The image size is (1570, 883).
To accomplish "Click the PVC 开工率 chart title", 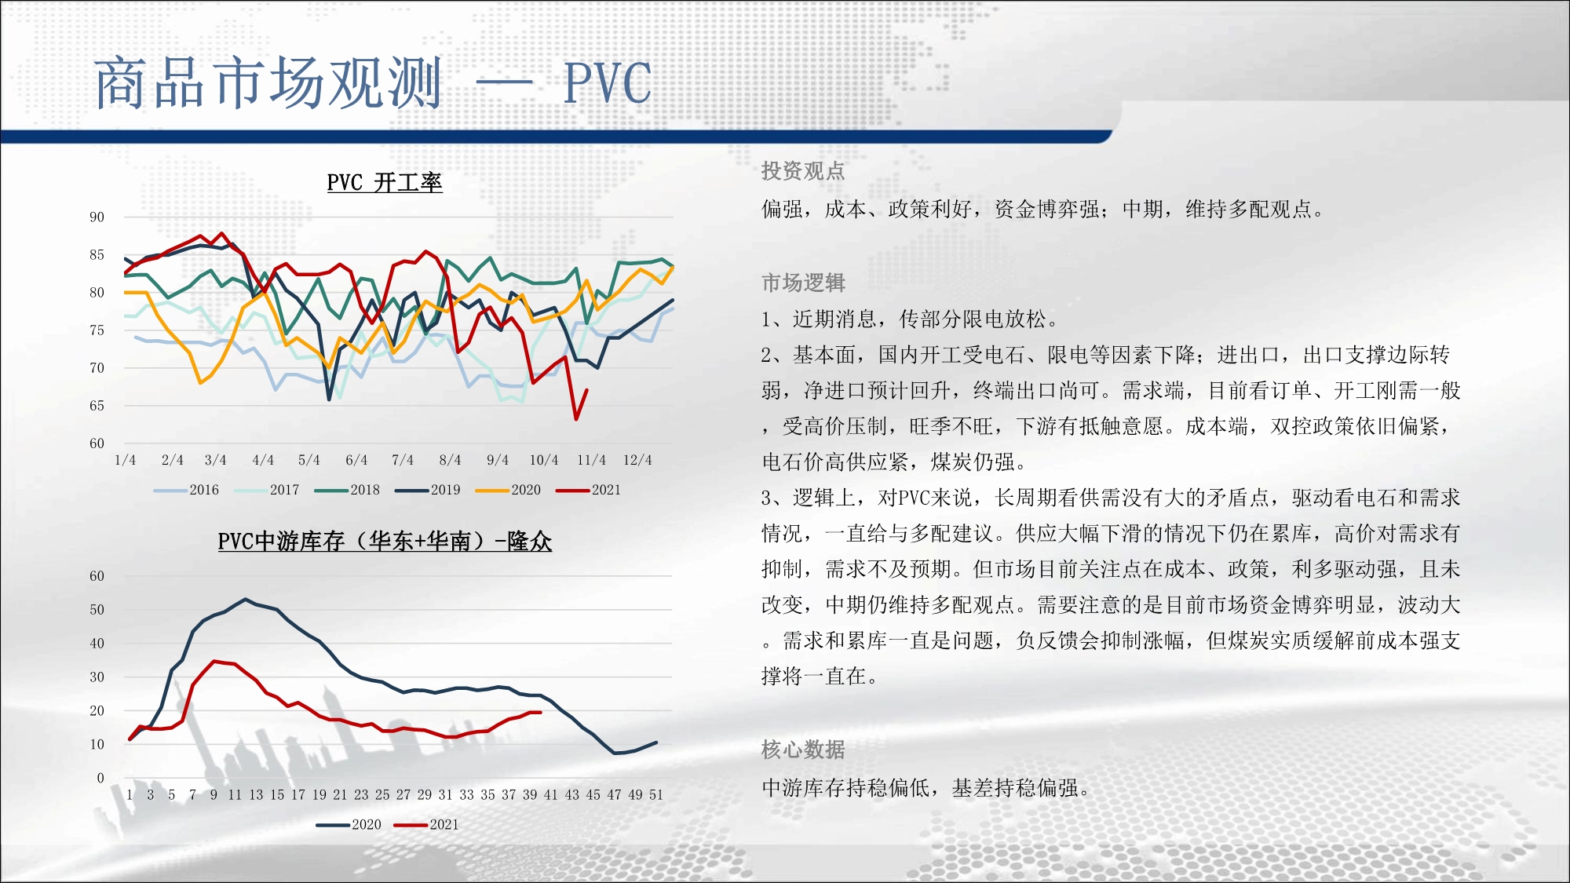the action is tap(385, 183).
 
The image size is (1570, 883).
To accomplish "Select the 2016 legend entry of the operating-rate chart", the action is tap(187, 490).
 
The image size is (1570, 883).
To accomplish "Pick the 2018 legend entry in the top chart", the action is tap(347, 490).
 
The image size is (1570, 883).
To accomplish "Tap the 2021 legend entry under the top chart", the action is tap(588, 490).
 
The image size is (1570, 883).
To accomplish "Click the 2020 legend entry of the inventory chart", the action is tap(349, 825).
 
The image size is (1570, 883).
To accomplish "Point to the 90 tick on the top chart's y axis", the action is tap(97, 217).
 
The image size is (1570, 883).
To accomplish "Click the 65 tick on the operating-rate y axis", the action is tap(97, 406).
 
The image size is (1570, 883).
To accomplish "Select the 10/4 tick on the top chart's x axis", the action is tap(544, 460).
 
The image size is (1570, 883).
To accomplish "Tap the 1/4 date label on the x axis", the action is tap(126, 460).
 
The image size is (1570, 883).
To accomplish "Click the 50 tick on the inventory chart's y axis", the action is tap(97, 610).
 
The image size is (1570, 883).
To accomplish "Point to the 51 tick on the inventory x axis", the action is tap(656, 795).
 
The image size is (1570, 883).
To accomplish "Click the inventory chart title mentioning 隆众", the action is tap(385, 542).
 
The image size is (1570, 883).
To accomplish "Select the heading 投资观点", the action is tap(803, 171).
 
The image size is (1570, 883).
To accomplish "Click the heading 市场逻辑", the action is tap(803, 283).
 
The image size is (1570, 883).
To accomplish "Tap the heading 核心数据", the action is tap(803, 750).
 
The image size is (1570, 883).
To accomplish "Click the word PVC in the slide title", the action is tap(608, 83).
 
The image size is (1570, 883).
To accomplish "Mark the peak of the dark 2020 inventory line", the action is tap(246, 599).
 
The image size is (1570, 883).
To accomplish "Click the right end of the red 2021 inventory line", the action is tap(541, 712).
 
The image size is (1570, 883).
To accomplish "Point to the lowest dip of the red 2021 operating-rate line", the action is tap(576, 419).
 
